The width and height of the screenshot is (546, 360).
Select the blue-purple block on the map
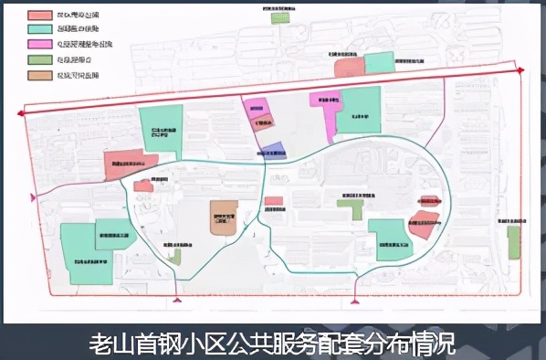272,151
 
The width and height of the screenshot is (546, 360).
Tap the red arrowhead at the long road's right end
520,70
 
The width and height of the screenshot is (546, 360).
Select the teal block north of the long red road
379,63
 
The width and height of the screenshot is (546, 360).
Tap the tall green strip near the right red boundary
513,242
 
